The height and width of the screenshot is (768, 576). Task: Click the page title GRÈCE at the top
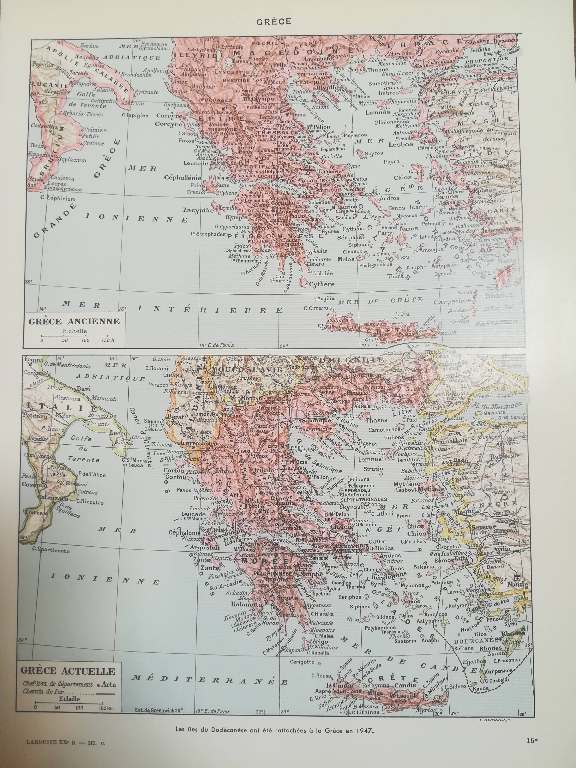274,21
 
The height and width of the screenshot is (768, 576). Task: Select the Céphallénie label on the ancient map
183,177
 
